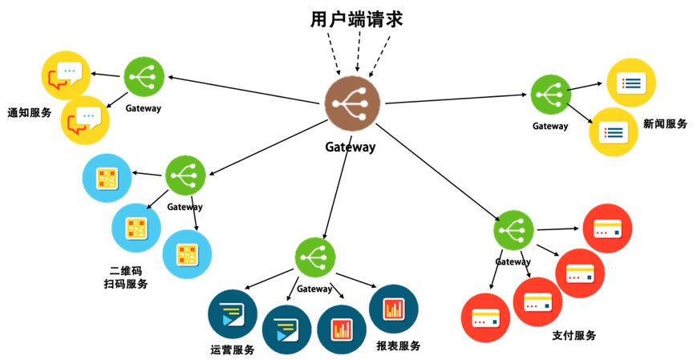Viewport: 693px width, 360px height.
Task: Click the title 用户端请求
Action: (356, 19)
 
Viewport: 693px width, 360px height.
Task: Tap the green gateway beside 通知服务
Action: (144, 78)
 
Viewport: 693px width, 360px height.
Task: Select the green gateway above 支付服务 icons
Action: (514, 231)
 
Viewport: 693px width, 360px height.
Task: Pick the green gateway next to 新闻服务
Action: (550, 94)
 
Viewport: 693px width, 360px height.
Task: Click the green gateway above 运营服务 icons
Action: (314, 257)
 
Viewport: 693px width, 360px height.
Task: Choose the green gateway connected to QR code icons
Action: (185, 176)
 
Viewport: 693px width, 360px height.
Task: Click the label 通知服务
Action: (29, 112)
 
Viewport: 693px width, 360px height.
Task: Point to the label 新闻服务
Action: (665, 123)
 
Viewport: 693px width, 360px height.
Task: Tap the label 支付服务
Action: (574, 335)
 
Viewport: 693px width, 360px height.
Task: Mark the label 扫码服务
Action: (125, 284)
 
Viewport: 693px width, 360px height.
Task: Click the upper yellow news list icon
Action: (631, 82)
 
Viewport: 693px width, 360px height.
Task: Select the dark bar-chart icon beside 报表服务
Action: (394, 309)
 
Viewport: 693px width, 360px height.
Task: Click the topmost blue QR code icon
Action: (107, 178)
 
